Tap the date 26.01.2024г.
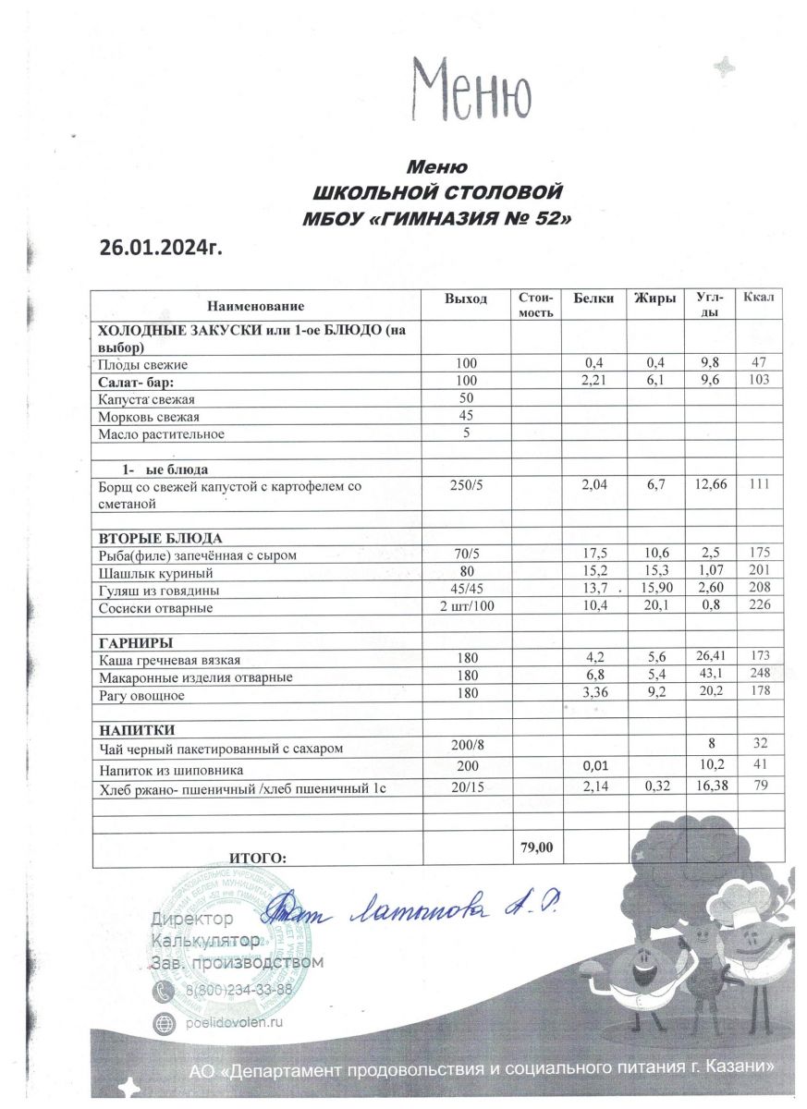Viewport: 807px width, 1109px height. (x=161, y=248)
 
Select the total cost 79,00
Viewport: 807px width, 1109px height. (x=536, y=847)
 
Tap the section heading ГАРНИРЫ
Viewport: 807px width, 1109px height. (x=136, y=642)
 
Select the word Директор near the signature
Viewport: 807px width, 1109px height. (x=192, y=920)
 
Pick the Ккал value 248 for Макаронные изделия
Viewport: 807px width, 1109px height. (x=759, y=676)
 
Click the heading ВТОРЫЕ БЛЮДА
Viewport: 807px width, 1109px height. (x=161, y=538)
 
